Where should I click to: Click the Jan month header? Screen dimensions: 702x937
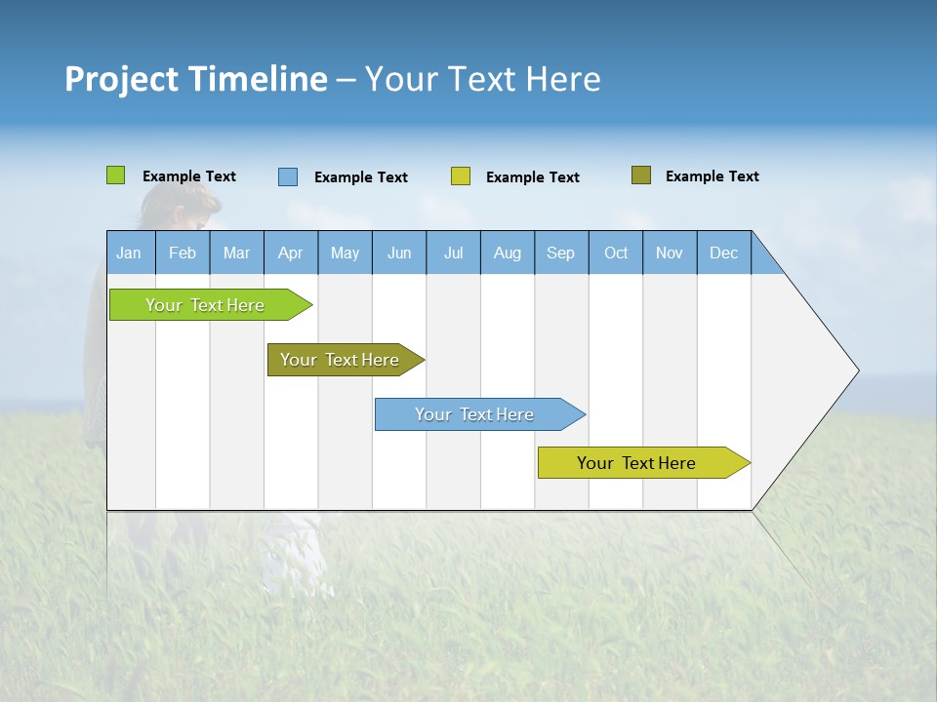pyautogui.click(x=130, y=253)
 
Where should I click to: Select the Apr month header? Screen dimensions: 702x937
pyautogui.click(x=291, y=253)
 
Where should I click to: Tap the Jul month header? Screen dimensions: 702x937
pyautogui.click(x=453, y=253)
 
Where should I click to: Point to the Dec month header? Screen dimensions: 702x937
pyautogui.click(x=723, y=253)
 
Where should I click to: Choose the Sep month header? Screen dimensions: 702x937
pyautogui.click(x=560, y=253)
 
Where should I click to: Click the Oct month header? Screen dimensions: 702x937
pyautogui.click(x=615, y=253)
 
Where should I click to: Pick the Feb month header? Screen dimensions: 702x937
pyautogui.click(x=183, y=253)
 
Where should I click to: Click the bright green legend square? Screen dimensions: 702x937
pyautogui.click(x=115, y=175)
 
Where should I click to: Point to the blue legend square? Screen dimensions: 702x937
pyautogui.click(x=287, y=176)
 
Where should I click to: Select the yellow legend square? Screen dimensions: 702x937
pyautogui.click(x=460, y=176)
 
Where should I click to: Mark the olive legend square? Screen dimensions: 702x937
pyautogui.click(x=640, y=175)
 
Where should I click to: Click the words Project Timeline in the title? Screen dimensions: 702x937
pyautogui.click(x=195, y=79)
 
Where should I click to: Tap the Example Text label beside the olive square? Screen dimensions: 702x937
pyautogui.click(x=712, y=176)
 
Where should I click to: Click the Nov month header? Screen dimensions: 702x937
pyautogui.click(x=670, y=253)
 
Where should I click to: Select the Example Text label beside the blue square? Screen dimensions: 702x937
pyautogui.click(x=360, y=177)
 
